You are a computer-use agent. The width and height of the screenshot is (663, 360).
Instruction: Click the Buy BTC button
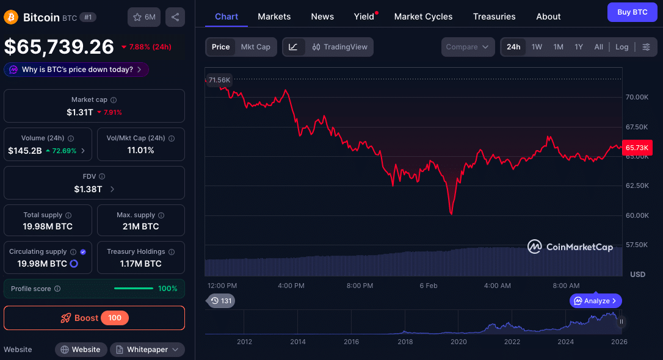tap(632, 12)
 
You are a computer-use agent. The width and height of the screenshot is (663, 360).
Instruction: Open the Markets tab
tap(274, 16)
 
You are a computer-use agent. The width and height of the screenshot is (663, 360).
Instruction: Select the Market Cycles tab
tap(423, 16)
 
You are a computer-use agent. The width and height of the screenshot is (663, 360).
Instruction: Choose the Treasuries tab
tap(494, 16)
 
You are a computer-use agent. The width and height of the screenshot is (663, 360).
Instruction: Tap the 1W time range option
tap(537, 47)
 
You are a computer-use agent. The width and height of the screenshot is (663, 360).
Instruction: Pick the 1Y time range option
tap(579, 47)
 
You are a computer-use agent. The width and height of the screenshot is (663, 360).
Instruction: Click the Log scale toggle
tap(621, 47)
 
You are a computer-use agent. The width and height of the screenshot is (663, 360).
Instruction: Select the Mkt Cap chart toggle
tap(255, 47)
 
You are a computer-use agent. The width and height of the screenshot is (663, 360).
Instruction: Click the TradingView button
tap(339, 47)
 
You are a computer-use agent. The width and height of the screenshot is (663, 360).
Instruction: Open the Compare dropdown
tap(468, 47)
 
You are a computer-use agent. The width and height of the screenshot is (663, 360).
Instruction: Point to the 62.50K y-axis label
tap(637, 185)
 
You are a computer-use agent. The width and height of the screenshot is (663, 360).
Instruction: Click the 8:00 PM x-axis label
tap(360, 286)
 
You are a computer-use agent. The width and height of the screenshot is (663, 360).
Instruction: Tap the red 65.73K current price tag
tap(637, 148)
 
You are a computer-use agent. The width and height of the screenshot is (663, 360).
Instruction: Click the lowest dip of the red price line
tap(451, 213)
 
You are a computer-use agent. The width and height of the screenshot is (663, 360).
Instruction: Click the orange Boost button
tap(94, 318)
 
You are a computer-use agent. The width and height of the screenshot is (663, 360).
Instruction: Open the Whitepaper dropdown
tap(147, 350)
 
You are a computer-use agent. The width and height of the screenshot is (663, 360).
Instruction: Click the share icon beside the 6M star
tap(175, 17)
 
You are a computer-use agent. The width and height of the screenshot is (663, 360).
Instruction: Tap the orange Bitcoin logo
tap(11, 17)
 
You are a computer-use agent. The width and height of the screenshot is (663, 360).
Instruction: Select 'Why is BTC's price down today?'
tap(77, 70)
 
